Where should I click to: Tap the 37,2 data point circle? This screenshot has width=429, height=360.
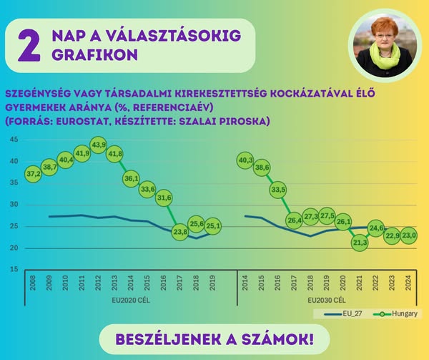click(33, 173)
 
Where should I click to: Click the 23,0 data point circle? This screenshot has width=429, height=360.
click(408, 235)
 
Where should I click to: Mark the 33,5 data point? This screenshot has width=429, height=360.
click(278, 190)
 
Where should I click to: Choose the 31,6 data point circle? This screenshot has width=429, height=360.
click(164, 198)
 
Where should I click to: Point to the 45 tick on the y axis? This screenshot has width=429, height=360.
click(14, 139)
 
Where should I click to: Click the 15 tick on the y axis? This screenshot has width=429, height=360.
click(14, 270)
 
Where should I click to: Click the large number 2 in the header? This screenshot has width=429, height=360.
click(29, 44)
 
